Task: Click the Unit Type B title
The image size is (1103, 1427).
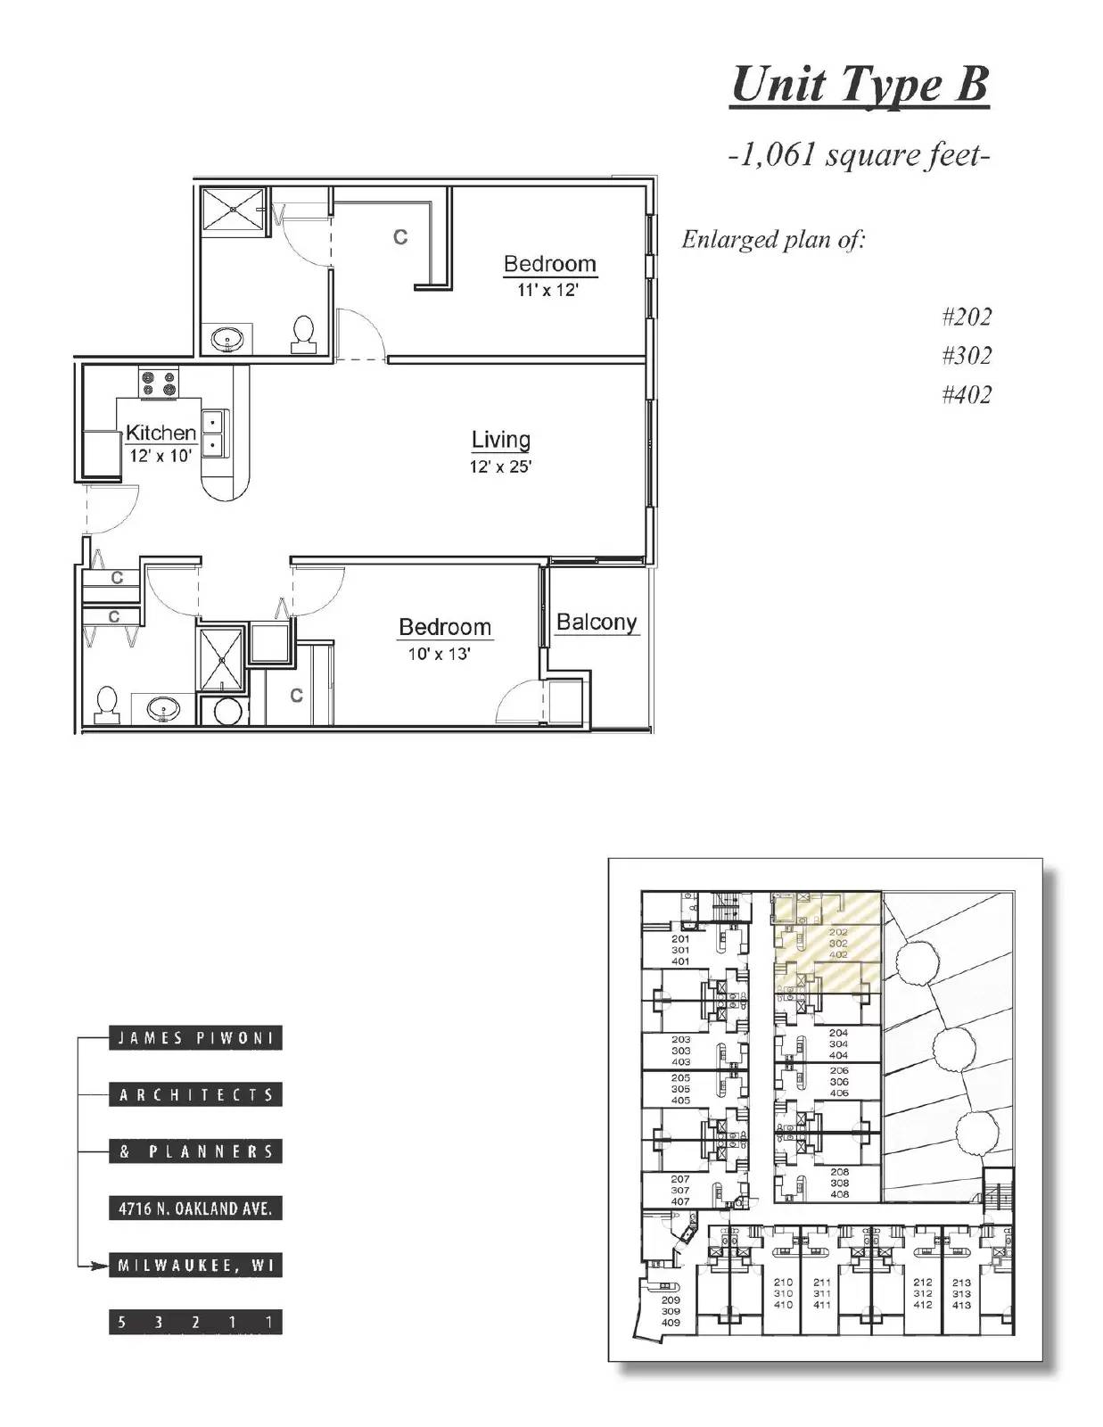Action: (x=859, y=87)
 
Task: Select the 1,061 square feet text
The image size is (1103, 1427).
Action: (x=859, y=156)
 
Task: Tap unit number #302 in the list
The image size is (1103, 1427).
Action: (x=966, y=356)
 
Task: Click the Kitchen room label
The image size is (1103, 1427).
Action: (x=161, y=433)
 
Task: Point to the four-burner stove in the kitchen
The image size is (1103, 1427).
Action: (x=158, y=384)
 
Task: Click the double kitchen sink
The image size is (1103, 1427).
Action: (x=214, y=433)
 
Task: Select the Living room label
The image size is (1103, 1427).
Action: (x=500, y=440)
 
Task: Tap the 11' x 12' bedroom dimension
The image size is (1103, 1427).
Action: (x=547, y=290)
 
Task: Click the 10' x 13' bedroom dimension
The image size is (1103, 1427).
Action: (x=439, y=654)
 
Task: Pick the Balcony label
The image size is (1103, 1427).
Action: (x=597, y=622)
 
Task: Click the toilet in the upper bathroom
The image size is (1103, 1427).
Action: (x=303, y=333)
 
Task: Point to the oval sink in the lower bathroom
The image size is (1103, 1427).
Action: (x=163, y=710)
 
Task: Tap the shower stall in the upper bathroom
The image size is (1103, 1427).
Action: (x=233, y=210)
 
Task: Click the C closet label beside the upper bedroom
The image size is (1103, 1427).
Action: (x=400, y=237)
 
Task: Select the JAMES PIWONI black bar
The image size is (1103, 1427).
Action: (x=195, y=1038)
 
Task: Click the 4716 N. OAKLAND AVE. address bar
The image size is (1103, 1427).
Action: (x=195, y=1208)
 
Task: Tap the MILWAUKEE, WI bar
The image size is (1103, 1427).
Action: (x=195, y=1265)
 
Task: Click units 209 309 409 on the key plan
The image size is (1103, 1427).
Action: (x=671, y=1311)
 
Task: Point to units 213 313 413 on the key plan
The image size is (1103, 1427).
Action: (x=960, y=1293)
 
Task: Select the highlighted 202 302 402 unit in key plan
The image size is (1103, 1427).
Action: (x=837, y=943)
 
